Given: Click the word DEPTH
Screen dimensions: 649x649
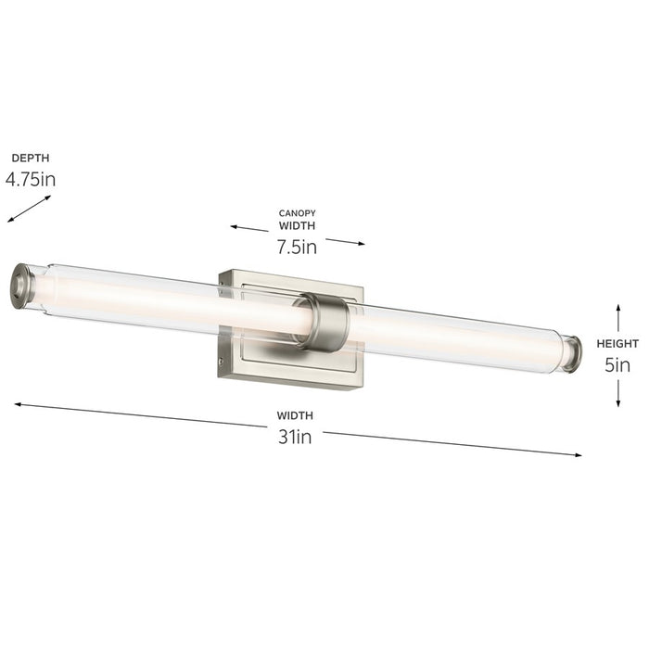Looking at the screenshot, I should click(31, 158).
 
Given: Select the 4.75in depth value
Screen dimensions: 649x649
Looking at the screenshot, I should click(31, 179).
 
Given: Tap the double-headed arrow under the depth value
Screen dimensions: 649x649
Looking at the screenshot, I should click(29, 209).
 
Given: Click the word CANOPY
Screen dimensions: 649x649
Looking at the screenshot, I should click(297, 213).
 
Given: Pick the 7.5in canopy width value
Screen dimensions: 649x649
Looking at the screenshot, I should click(297, 247).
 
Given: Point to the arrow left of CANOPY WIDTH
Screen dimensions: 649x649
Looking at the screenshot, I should click(249, 227).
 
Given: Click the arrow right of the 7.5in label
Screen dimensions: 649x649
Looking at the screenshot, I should click(345, 242).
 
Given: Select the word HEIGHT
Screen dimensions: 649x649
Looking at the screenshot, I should click(617, 343).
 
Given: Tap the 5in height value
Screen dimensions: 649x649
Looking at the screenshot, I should click(617, 364).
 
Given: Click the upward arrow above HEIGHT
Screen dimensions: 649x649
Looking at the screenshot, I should click(618, 314).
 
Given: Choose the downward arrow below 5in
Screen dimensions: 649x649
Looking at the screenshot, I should click(618, 394).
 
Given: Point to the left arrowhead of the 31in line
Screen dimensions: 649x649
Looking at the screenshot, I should click(19, 403).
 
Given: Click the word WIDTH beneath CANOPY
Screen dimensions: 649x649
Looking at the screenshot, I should click(297, 225).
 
